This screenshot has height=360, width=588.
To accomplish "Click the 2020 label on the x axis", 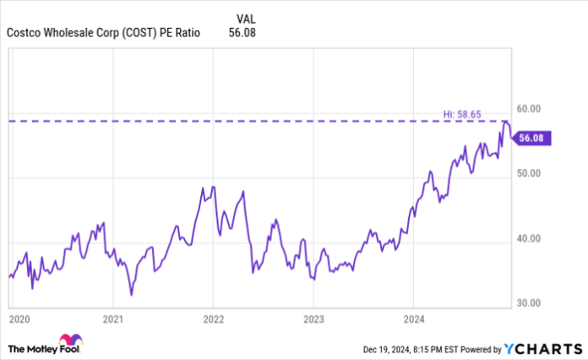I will tap(18, 319).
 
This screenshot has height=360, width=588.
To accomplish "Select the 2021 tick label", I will tap(113, 319).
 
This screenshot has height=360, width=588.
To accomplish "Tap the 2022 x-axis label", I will tap(213, 319).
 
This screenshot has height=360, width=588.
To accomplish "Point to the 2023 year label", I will tap(313, 319).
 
